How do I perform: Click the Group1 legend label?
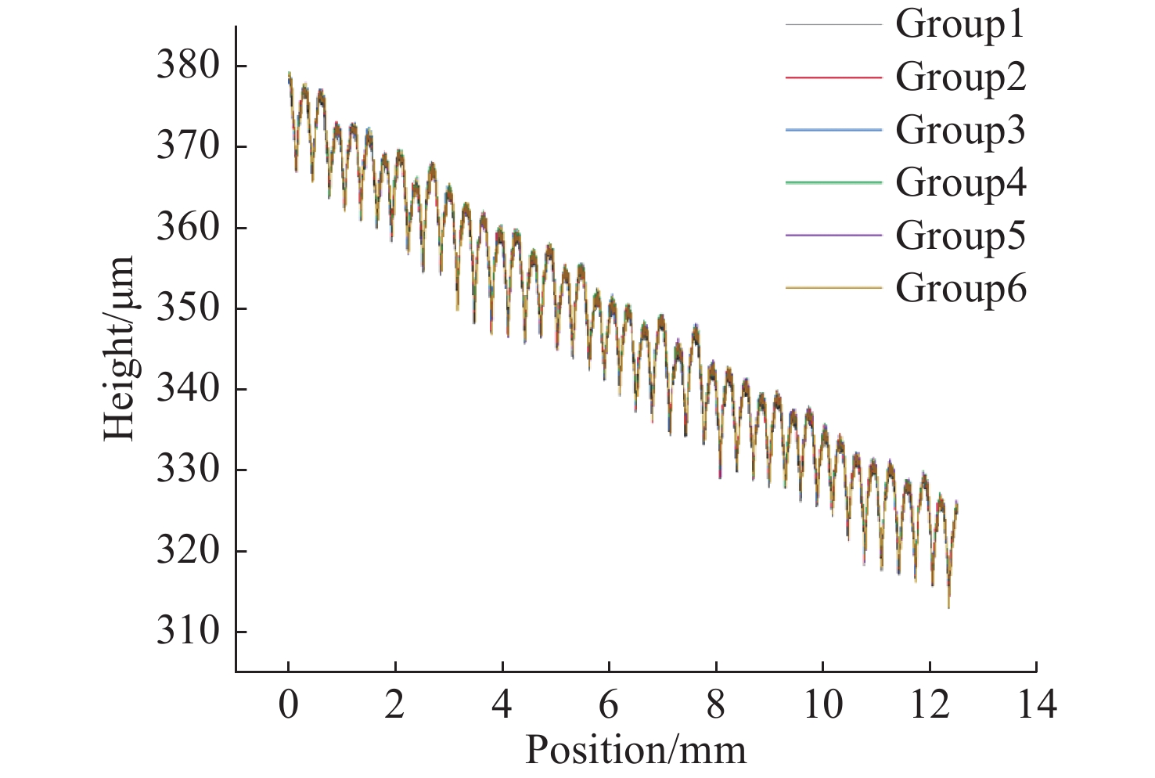tap(960, 24)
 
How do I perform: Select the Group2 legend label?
tap(960, 77)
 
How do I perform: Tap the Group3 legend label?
tap(960, 130)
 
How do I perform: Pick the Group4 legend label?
tap(960, 182)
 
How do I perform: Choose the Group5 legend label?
tap(960, 235)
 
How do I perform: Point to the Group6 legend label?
tap(960, 288)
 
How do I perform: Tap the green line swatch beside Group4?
tap(833, 182)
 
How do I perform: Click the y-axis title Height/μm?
tap(119, 348)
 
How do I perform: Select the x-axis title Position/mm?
tap(635, 750)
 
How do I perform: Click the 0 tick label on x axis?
tap(288, 704)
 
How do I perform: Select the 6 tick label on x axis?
tap(609, 704)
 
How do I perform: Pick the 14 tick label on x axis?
tap(1036, 704)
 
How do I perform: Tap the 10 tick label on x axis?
tap(822, 704)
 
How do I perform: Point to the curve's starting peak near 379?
tap(289, 73)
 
